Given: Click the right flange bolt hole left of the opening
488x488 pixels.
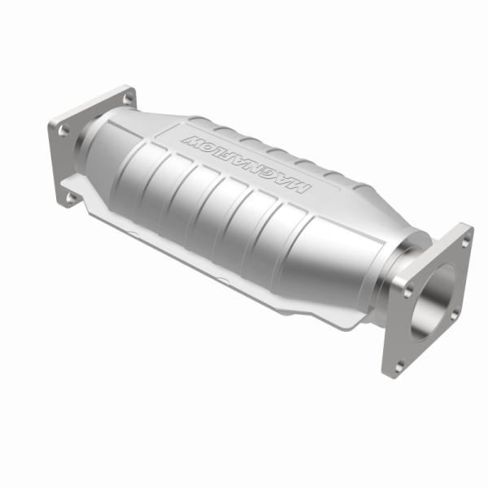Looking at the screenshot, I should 406,287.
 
